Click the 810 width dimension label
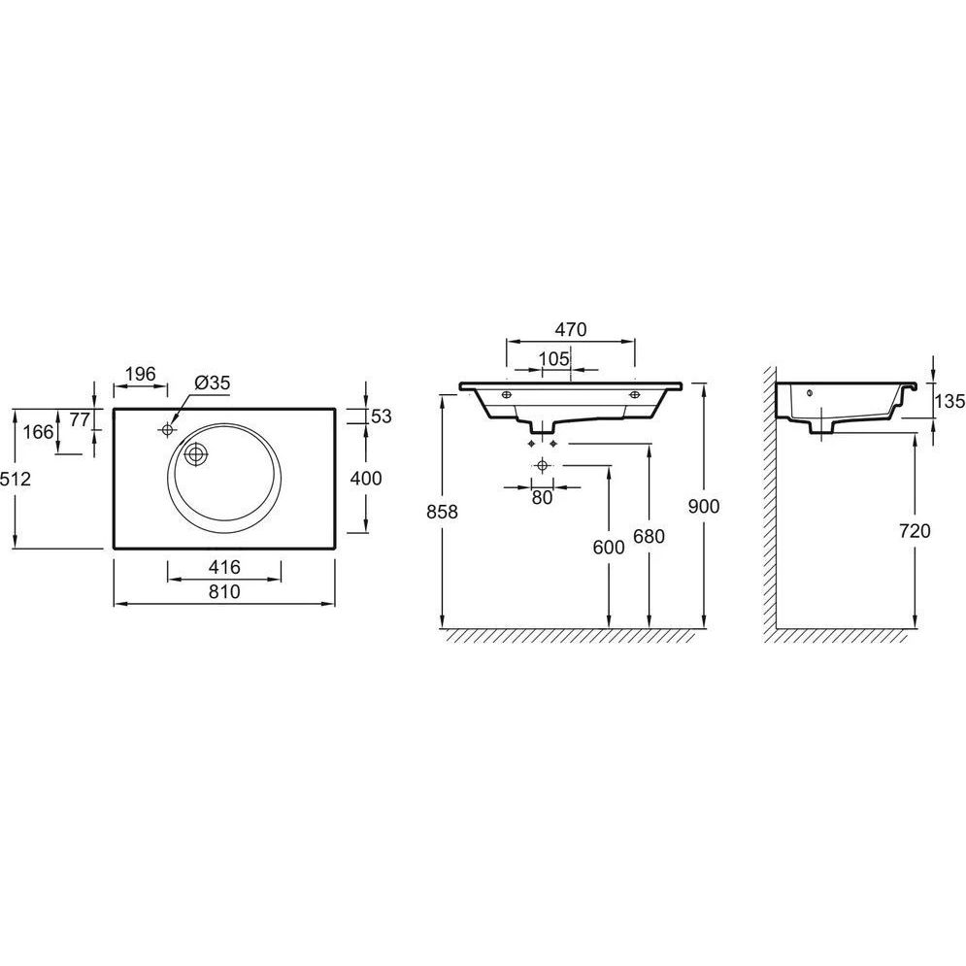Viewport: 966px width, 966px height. coord(224,592)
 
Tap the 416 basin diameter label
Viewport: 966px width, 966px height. coord(224,567)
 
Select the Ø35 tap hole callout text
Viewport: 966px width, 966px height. coord(212,383)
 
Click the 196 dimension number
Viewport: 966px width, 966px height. coord(141,374)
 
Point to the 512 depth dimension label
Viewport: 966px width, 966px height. coord(16,478)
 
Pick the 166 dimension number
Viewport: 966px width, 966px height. coord(38,432)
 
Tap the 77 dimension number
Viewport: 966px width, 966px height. coord(80,419)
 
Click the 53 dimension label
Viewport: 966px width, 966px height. coord(382,416)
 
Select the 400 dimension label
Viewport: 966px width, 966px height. coord(366,478)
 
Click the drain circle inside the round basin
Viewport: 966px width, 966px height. coord(196,454)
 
